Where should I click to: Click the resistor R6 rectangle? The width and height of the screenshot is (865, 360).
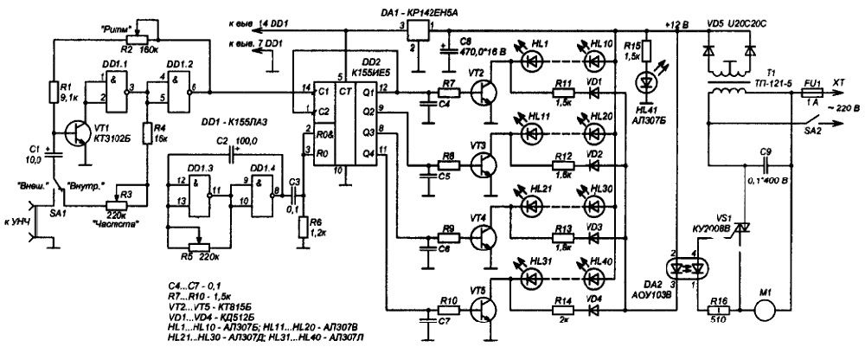pos(302,227)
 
